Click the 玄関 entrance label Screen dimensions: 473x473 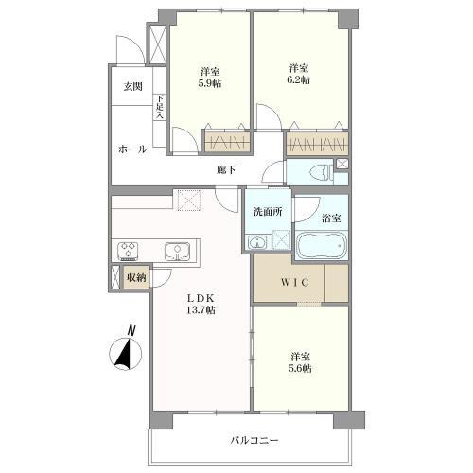132,86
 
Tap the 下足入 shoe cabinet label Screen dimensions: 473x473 160,107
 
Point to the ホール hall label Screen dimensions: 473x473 132,149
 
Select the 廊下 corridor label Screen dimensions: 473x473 226,170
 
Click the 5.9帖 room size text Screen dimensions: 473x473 210,83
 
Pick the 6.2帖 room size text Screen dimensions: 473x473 298,79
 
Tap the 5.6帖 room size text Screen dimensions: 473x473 300,368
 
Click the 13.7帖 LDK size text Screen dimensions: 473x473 201,310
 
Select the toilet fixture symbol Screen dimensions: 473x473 320,173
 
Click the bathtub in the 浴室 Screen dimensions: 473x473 321,245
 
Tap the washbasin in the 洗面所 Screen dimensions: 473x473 258,243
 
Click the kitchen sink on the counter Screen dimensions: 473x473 177,252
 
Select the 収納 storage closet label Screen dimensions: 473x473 136,277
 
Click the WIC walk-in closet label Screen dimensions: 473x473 295,282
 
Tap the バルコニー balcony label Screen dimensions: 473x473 254,440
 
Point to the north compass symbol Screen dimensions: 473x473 126,354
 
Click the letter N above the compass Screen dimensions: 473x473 131,331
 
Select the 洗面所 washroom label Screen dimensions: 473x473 268,212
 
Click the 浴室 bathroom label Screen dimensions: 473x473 331,218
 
